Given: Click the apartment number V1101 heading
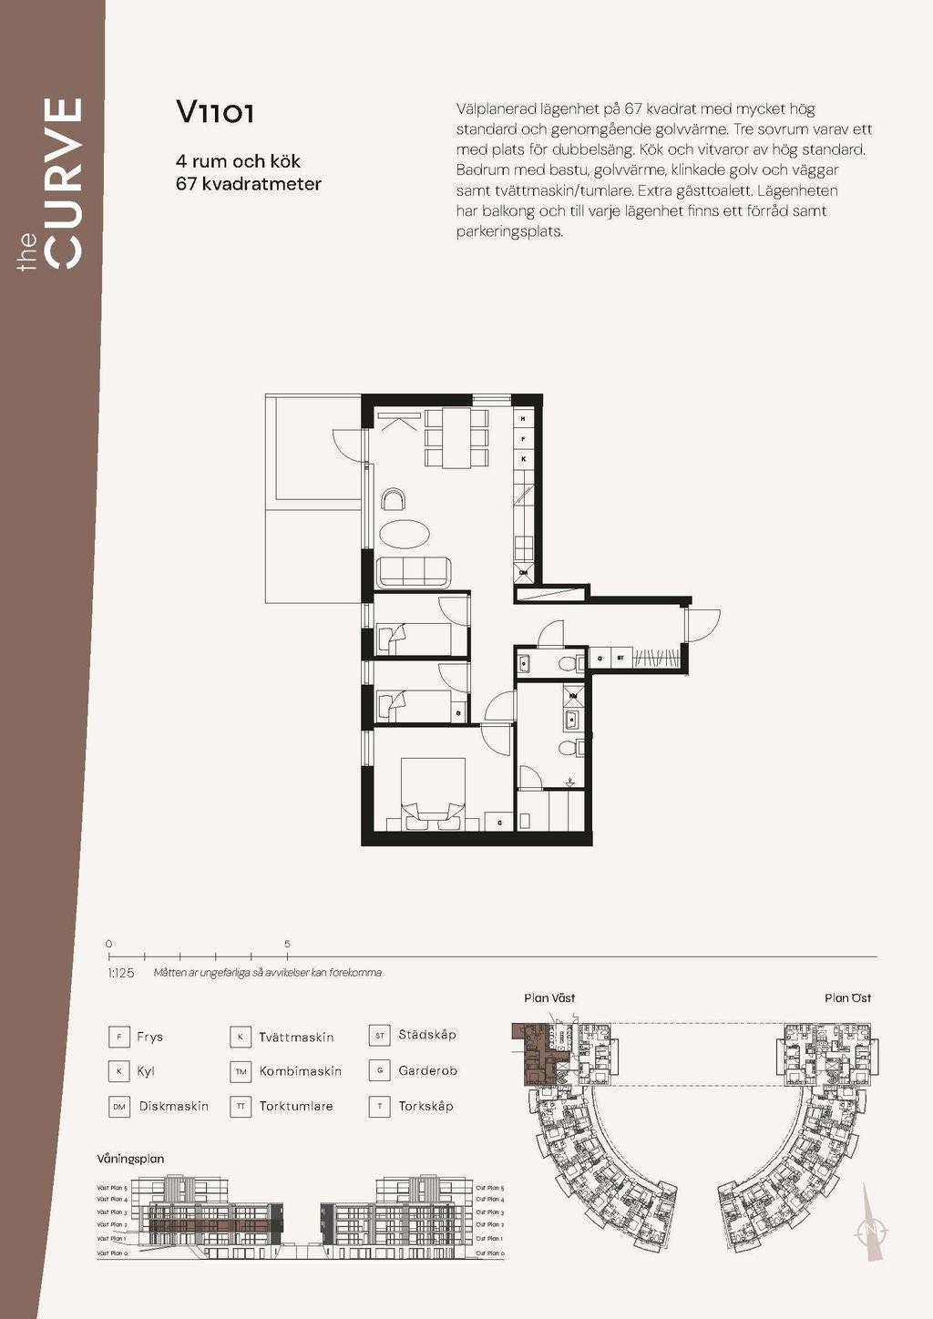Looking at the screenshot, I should [x=215, y=112].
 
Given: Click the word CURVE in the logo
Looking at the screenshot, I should [x=65, y=183].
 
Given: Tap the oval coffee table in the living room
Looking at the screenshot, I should [x=402, y=534].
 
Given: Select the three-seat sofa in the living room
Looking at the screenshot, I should [x=415, y=571].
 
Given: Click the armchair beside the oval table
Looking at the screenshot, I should [x=395, y=499].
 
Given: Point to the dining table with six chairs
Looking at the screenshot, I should [x=456, y=438].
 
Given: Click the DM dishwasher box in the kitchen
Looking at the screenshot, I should [x=523, y=573].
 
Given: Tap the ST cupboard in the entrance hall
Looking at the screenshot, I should [x=620, y=657].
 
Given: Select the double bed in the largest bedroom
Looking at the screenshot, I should [x=434, y=793].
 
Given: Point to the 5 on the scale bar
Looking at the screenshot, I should [x=287, y=945].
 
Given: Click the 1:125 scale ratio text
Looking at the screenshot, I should [x=121, y=973].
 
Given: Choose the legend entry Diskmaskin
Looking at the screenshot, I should [x=173, y=1106].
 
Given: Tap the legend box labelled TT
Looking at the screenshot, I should [x=241, y=1106].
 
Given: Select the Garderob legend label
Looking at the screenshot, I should [x=427, y=1070].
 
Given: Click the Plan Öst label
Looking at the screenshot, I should [x=847, y=998].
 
